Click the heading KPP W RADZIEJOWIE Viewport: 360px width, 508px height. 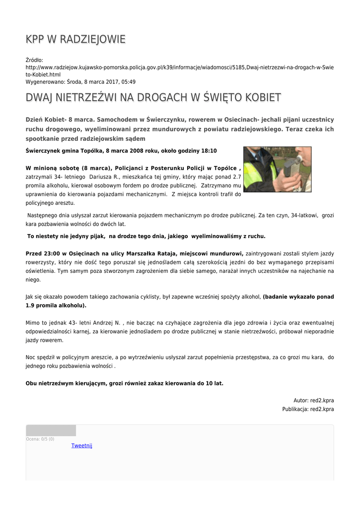tap(75, 39)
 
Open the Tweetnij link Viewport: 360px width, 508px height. tap(81, 445)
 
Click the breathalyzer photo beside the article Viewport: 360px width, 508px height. tap(277, 169)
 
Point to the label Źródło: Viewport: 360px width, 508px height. tap(34, 60)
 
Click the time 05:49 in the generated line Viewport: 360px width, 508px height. tap(128, 82)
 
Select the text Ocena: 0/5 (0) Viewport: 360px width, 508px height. tap(40, 439)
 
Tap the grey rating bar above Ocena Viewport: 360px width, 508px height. tap(51, 431)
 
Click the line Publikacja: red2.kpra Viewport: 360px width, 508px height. tap(308, 409)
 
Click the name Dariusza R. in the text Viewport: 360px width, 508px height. tap(105, 177)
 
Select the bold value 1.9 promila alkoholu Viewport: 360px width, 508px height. tap(55, 306)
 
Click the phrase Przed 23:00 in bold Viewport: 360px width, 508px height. tap(44, 254)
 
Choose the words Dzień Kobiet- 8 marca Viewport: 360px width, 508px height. tap(60, 120)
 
